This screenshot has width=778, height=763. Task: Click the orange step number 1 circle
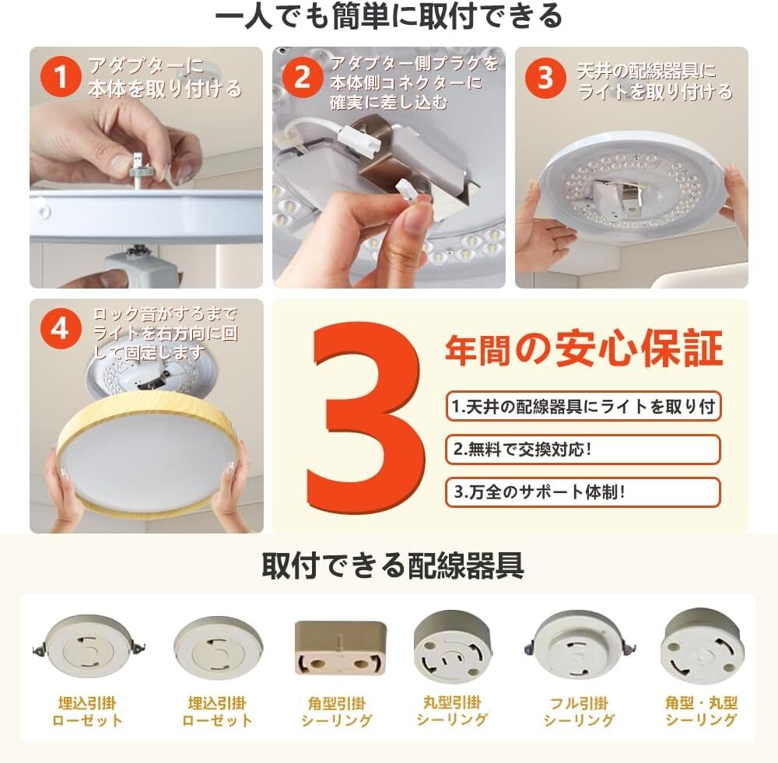tap(61, 76)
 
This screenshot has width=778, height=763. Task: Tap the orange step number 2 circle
tap(303, 76)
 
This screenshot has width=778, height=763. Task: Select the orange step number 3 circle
tap(545, 78)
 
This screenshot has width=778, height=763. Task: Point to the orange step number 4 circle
tap(61, 328)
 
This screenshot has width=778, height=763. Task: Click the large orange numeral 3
tap(366, 418)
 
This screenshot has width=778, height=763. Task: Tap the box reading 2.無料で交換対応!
tap(583, 450)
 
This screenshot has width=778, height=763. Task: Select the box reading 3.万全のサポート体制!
tap(583, 492)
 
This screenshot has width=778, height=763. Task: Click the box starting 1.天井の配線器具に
tap(583, 406)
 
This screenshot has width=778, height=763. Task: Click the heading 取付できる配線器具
tap(392, 565)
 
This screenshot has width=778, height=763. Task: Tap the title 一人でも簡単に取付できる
tap(389, 16)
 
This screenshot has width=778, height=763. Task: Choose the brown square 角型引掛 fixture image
tap(340, 647)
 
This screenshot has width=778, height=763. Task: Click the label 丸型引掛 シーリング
tap(452, 711)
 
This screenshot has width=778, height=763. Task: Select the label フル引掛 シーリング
tap(579, 712)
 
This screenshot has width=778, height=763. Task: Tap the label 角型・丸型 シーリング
tap(701, 711)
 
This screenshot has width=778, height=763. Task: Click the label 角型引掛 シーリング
tap(336, 712)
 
